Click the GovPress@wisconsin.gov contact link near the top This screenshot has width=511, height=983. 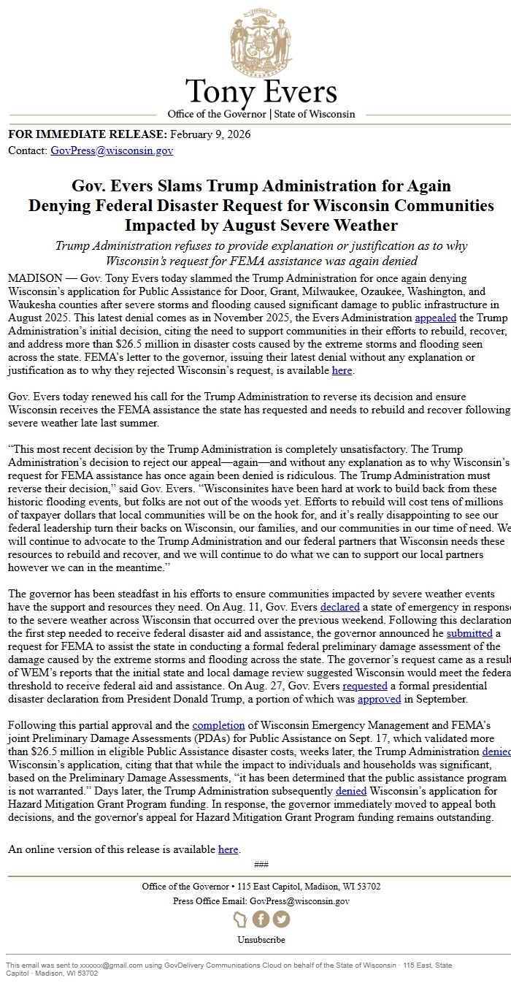(112, 150)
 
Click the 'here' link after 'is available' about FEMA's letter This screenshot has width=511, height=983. (342, 370)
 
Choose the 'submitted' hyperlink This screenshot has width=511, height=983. (469, 633)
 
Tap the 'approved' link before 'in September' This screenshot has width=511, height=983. (379, 699)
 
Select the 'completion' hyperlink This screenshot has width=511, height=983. (218, 725)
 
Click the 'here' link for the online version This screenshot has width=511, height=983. (228, 849)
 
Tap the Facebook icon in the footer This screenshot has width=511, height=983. (261, 919)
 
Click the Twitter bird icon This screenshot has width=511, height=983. (281, 919)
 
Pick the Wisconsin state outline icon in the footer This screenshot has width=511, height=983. (240, 919)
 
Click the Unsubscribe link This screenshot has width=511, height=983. (261, 940)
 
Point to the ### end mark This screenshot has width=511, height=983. (261, 865)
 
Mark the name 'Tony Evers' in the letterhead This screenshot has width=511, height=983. (261, 92)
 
